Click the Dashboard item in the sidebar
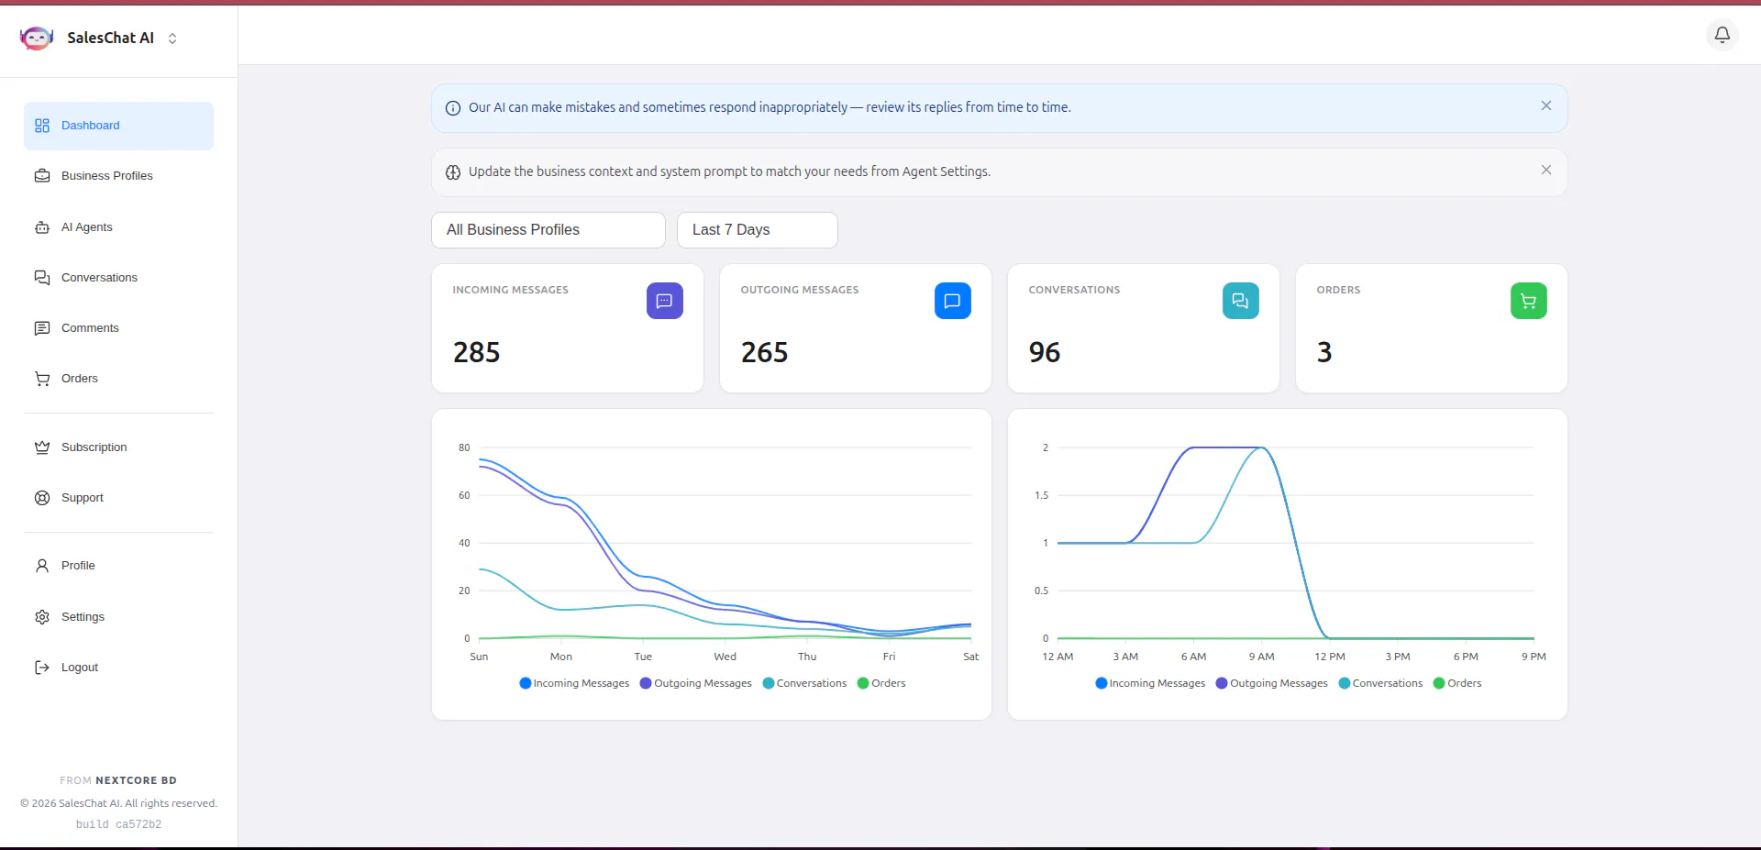coord(118,126)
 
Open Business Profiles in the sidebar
coord(106,176)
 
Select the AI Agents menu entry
coord(86,227)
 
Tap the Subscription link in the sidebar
coord(94,447)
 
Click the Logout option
coord(79,668)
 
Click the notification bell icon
coord(1722,35)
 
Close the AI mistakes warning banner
coord(1546,105)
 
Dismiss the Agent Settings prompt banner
coord(1546,170)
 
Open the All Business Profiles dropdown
coord(548,230)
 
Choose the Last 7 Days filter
coord(758,230)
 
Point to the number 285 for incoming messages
coord(477,352)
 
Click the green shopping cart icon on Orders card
coord(1529,301)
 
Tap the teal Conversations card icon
coord(1241,301)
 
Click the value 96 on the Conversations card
coord(1045,352)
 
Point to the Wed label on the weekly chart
coord(725,657)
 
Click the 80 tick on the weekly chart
coord(464,447)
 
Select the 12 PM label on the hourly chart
coord(1330,657)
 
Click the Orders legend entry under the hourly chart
coord(1457,683)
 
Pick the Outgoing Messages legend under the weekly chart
coord(696,683)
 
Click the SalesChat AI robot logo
coord(37,38)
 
